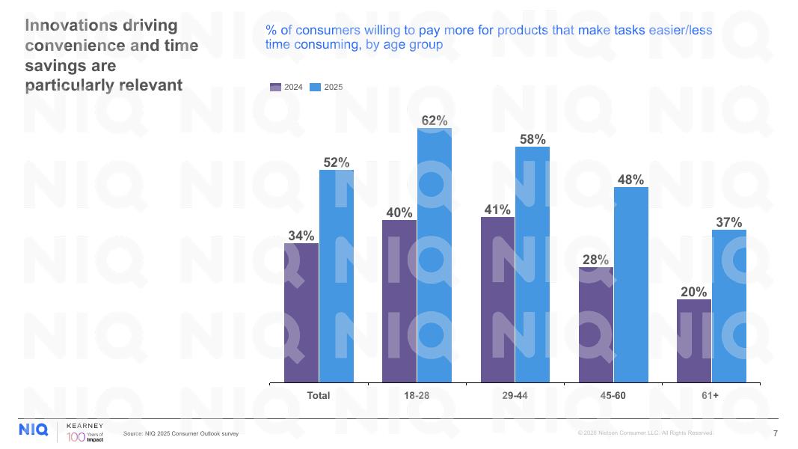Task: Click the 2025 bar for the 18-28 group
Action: tap(435, 255)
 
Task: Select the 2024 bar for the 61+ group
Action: tap(694, 341)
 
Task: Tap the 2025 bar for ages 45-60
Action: tap(631, 285)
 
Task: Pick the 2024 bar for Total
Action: tap(301, 313)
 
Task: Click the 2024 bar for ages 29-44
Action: tap(497, 300)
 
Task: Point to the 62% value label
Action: tap(435, 120)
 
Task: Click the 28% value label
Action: tap(595, 260)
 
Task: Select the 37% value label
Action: tap(729, 222)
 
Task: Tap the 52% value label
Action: tap(337, 162)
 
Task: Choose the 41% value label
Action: tap(497, 210)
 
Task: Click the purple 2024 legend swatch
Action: tap(276, 88)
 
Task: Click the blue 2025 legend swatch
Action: tap(316, 88)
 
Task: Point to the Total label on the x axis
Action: tap(319, 395)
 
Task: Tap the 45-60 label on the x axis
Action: tap(613, 395)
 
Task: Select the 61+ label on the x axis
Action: tap(710, 395)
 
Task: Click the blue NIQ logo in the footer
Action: tap(34, 430)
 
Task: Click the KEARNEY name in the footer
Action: tap(85, 425)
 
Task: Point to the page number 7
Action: tap(775, 433)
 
